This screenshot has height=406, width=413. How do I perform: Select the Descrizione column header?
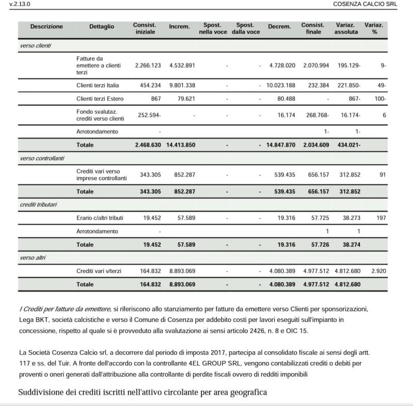pos(46,26)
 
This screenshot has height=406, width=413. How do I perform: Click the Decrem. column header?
pos(279,26)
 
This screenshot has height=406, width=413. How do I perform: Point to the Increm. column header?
pos(179,26)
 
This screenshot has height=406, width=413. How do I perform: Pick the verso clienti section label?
pos(32,46)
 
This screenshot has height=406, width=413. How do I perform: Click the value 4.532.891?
pos(180,66)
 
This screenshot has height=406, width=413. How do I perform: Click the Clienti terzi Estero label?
pos(100,99)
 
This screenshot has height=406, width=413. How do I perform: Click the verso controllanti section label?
pos(39,158)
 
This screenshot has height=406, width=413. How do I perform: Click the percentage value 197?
pos(381,218)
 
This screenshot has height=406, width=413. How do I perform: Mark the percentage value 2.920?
pos(379,270)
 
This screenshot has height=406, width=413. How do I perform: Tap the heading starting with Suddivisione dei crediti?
pos(142,393)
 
